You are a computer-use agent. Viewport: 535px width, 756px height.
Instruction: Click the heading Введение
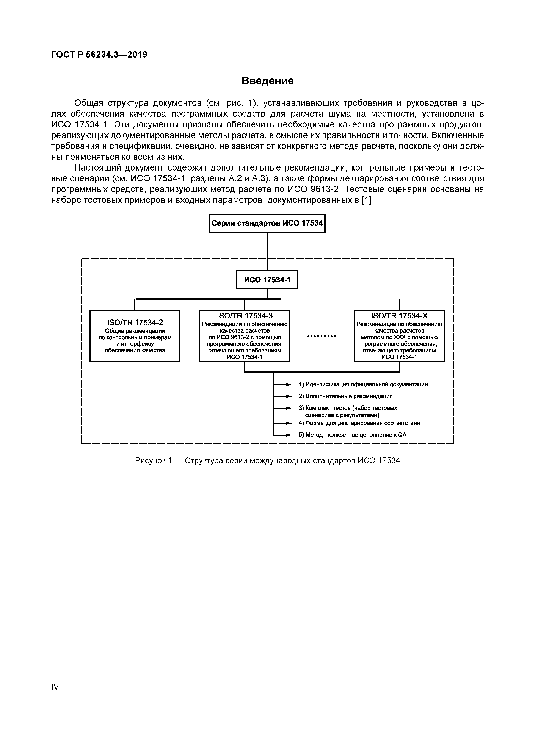267,81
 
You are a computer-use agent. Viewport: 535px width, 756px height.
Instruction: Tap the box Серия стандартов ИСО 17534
267,224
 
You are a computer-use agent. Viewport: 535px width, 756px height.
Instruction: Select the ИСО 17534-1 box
267,280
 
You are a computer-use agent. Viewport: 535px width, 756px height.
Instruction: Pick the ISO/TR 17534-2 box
135,336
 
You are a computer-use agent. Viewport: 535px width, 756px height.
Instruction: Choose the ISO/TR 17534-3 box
245,336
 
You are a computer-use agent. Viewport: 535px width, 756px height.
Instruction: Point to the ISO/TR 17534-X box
399,336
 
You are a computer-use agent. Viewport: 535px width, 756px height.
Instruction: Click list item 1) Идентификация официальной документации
363,384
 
